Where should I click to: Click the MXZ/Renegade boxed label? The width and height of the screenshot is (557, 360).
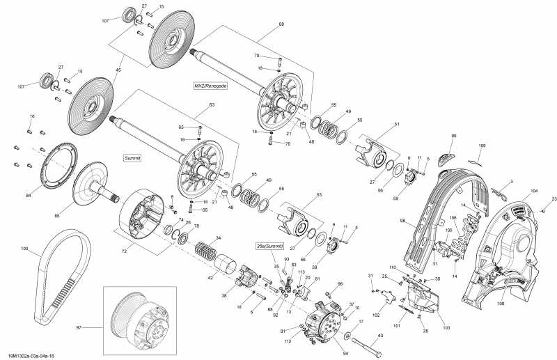[x=211, y=85]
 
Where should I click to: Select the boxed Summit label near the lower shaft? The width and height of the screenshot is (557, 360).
[x=132, y=159]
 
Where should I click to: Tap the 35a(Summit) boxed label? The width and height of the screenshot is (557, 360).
[x=269, y=246]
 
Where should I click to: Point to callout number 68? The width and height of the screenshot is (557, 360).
[x=281, y=24]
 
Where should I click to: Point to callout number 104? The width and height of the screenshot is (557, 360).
[x=535, y=190]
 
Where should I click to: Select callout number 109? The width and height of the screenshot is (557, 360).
[x=481, y=146]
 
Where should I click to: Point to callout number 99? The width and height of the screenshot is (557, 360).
[x=453, y=136]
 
